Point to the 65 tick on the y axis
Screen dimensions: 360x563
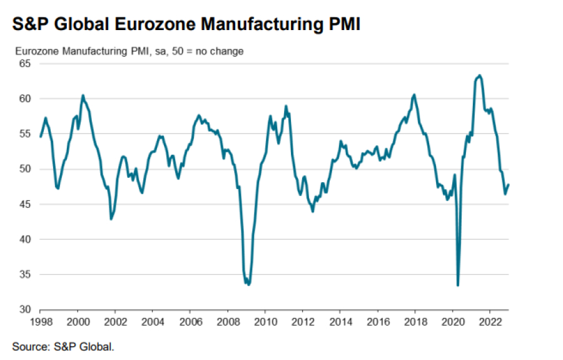[24, 63]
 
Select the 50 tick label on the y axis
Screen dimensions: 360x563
[24, 169]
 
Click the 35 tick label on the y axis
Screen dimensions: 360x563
[24, 274]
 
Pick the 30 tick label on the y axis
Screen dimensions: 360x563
[24, 309]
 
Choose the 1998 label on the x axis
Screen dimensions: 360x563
[40, 322]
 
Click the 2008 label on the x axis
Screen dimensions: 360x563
[227, 322]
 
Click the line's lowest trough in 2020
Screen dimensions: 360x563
[458, 285]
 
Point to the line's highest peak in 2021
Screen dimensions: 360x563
[479, 75]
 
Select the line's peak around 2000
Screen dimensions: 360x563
[83, 95]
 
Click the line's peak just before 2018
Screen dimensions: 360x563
[414, 95]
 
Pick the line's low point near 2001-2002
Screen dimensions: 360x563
[111, 219]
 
